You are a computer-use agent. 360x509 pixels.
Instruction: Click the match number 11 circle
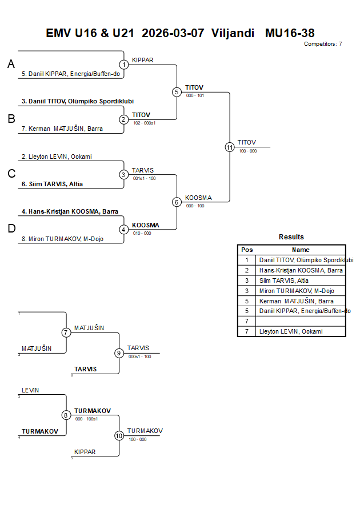click(x=230, y=147)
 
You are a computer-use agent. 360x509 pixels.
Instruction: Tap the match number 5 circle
click(x=177, y=92)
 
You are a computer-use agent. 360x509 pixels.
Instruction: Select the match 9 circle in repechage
click(x=119, y=353)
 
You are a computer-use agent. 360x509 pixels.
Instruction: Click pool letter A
click(x=11, y=65)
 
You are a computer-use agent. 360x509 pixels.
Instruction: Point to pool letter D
click(x=11, y=229)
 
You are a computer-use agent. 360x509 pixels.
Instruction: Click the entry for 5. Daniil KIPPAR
click(x=70, y=74)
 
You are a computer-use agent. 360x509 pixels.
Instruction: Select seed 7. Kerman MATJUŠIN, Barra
click(x=62, y=129)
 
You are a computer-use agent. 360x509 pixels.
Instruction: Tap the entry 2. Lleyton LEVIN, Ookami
click(x=57, y=157)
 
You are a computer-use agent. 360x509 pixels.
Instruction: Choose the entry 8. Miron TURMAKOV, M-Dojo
click(x=62, y=239)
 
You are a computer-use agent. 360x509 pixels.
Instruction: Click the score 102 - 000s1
click(x=145, y=123)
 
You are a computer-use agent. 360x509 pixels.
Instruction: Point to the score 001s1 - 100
click(x=144, y=178)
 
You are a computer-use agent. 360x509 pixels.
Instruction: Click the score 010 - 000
click(x=142, y=233)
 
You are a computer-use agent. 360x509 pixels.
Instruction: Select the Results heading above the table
click(x=291, y=237)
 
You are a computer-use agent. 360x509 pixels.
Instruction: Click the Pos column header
click(x=247, y=250)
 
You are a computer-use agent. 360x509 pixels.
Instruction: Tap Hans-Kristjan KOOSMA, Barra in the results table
click(x=301, y=270)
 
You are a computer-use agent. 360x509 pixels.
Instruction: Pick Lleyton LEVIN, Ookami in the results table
click(x=291, y=331)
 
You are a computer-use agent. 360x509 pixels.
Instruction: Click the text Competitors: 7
click(x=323, y=43)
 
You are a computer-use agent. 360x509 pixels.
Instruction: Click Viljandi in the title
click(x=233, y=33)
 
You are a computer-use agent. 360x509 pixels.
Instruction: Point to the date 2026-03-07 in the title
click(x=173, y=33)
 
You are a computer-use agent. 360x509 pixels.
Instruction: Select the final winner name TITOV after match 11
click(x=247, y=142)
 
